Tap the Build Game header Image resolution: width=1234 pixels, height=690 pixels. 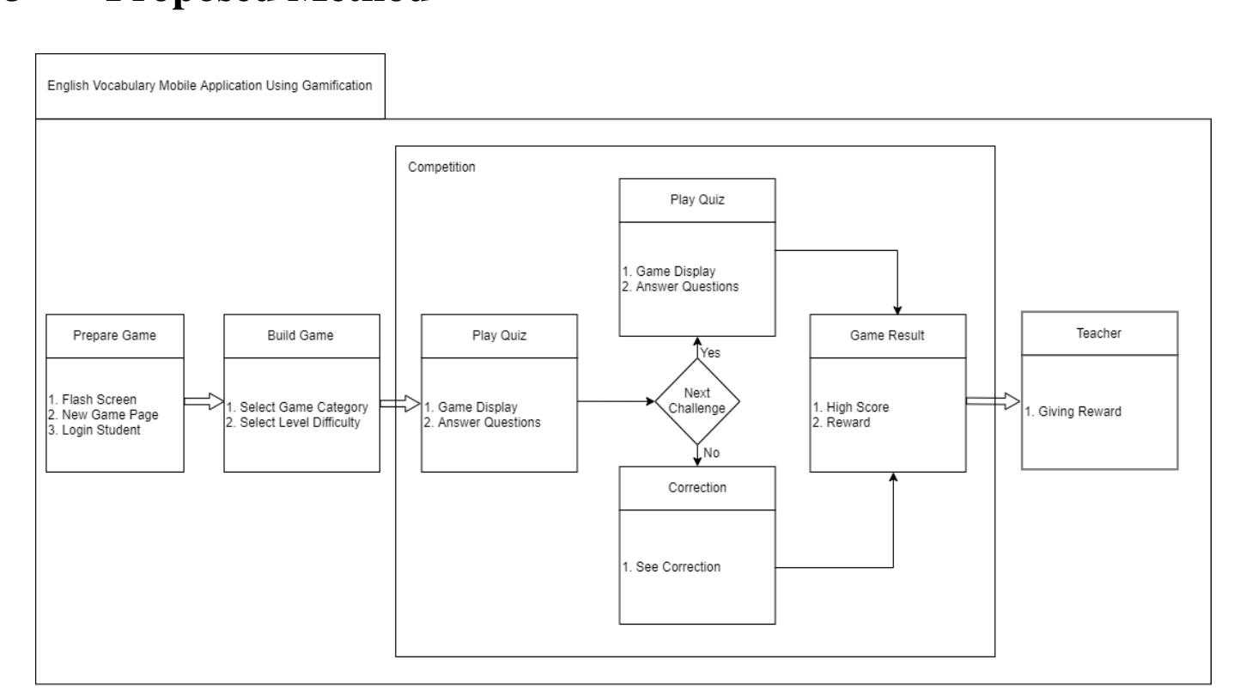pyautogui.click(x=301, y=336)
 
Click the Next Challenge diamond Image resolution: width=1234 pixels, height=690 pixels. pyautogui.click(x=697, y=400)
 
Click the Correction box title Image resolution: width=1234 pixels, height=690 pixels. pyautogui.click(x=697, y=487)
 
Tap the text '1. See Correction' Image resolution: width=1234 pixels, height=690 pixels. pyautogui.click(x=672, y=568)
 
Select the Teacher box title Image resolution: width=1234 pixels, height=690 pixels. pyautogui.click(x=1099, y=333)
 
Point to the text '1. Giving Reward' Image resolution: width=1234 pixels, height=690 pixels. pyautogui.click(x=1073, y=411)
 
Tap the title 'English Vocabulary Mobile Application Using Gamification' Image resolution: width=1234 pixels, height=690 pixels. pyautogui.click(x=210, y=87)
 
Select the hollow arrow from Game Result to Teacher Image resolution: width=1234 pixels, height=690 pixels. pyautogui.click(x=993, y=400)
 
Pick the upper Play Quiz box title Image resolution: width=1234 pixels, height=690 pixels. pyautogui.click(x=696, y=199)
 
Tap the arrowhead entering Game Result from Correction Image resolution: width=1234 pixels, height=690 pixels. pyautogui.click(x=893, y=478)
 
